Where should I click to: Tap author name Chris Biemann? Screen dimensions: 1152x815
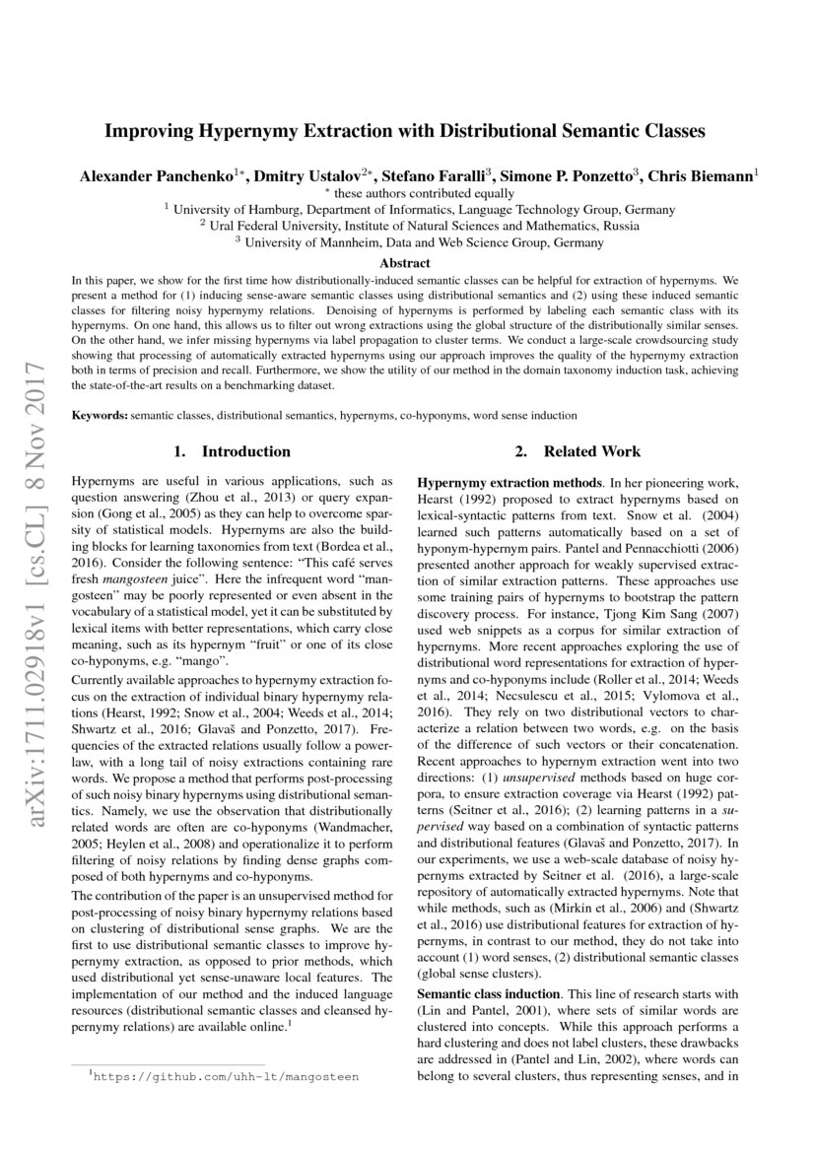(701, 177)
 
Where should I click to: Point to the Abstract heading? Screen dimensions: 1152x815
(405, 263)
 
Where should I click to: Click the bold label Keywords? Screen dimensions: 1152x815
(99, 416)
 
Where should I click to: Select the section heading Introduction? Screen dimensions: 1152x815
(245, 451)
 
